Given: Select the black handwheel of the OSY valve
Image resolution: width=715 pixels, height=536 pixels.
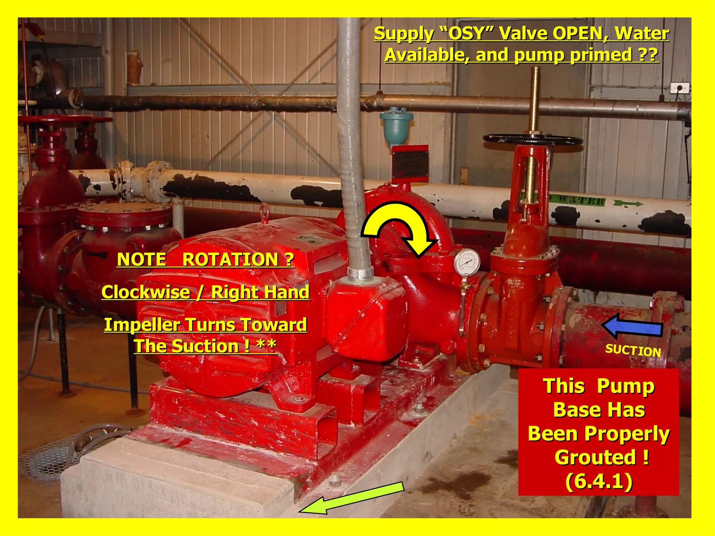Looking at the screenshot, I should point(532,140).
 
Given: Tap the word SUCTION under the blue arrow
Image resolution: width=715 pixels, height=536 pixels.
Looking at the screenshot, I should point(633,350).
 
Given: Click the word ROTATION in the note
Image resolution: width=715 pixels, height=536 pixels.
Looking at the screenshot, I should point(230,260).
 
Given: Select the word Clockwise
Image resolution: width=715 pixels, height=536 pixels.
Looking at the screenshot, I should point(146,292).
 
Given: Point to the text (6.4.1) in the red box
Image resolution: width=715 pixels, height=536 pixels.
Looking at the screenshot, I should point(598,481).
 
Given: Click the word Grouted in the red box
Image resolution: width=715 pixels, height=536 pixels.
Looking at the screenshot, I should point(595,457).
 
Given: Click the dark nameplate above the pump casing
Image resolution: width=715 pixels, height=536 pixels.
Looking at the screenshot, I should point(410,163).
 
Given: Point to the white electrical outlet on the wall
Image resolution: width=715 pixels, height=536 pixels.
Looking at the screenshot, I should point(679,88).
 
